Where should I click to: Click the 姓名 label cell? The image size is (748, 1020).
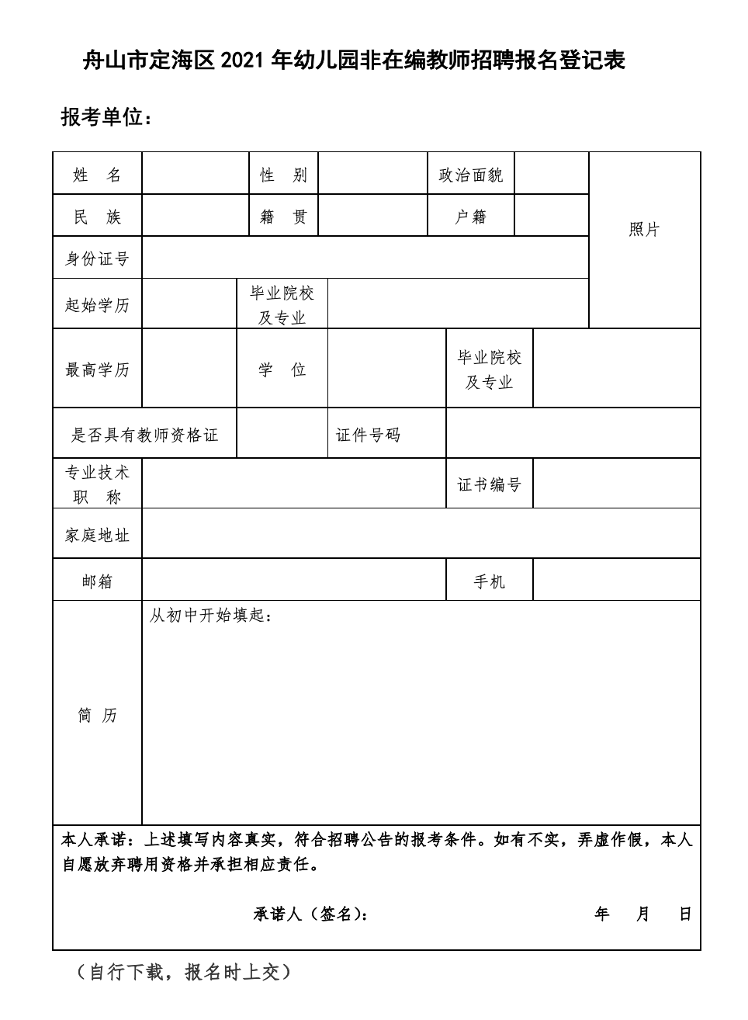[97, 175]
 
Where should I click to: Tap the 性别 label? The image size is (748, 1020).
[283, 175]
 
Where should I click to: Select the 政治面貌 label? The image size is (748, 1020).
[471, 175]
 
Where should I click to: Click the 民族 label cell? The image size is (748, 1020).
[97, 217]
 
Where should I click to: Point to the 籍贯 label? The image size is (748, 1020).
[283, 217]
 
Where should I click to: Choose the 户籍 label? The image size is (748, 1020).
[471, 217]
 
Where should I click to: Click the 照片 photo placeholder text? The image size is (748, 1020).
[644, 229]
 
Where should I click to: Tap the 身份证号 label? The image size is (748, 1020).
[97, 258]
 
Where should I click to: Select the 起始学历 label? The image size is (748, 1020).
[97, 304]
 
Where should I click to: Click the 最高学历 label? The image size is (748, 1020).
[97, 369]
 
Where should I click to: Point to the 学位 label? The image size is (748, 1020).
[282, 369]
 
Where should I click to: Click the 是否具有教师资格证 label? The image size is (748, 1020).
[144, 435]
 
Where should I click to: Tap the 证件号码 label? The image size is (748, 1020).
[368, 435]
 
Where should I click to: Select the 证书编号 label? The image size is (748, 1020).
[489, 484]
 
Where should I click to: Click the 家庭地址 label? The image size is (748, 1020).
[97, 535]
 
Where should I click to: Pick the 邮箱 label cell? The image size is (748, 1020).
[97, 581]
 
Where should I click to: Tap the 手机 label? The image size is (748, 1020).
[489, 581]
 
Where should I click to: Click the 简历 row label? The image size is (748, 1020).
[97, 715]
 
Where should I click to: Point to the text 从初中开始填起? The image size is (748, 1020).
[210, 616]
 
